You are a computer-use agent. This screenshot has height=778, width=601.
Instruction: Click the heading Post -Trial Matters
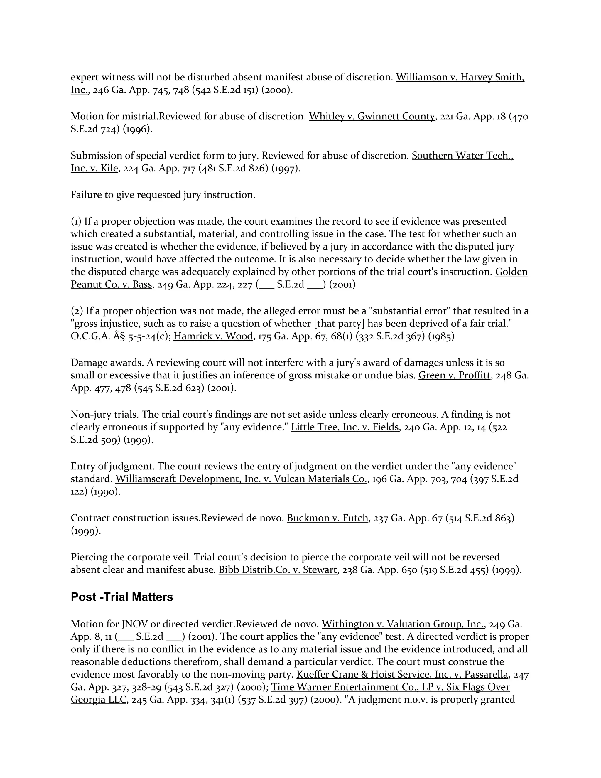pyautogui.click(x=122, y=597)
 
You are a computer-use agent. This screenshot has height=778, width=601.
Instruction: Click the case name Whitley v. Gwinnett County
pyautogui.click(x=372, y=117)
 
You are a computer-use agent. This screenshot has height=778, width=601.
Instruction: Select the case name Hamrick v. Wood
pyautogui.click(x=213, y=336)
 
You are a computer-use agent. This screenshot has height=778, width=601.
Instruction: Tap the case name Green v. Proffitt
pyautogui.click(x=454, y=375)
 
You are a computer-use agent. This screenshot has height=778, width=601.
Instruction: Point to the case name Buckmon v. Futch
pyautogui.click(x=327, y=518)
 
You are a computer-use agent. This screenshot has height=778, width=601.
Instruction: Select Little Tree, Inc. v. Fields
pyautogui.click(x=345, y=427)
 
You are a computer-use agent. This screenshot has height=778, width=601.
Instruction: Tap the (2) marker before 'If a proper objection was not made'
pyautogui.click(x=77, y=311)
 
